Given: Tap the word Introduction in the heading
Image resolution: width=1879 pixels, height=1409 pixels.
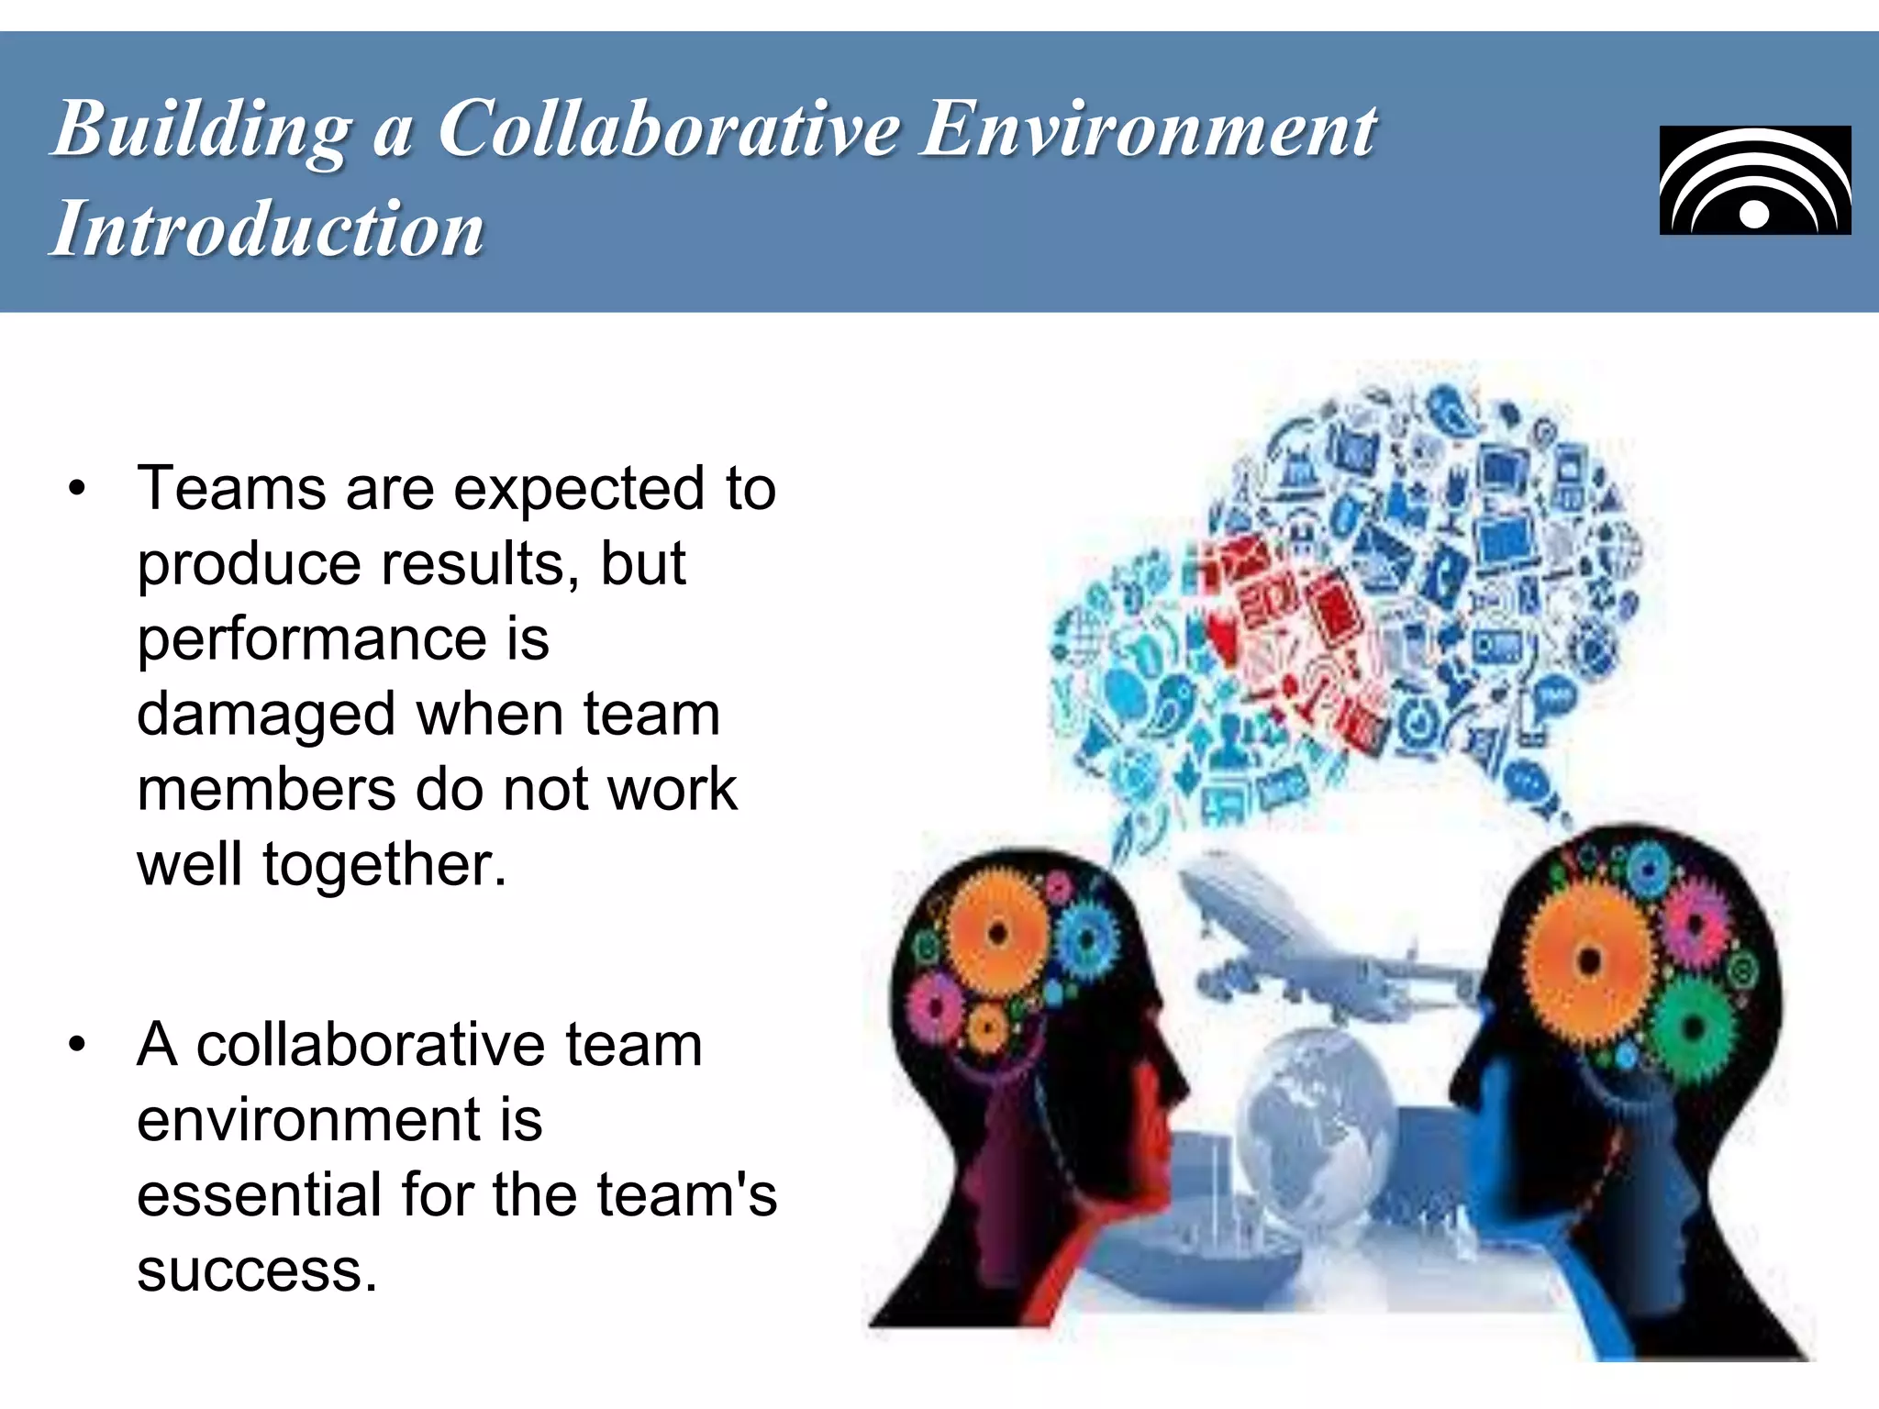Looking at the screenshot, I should click(267, 229).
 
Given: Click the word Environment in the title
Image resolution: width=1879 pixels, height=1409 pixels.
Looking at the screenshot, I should click(1148, 130).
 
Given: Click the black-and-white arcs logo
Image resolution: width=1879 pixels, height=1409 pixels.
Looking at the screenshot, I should click(1754, 181).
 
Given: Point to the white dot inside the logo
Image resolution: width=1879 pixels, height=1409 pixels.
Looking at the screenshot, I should click(1754, 214).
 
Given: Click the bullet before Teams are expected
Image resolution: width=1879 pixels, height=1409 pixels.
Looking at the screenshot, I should click(77, 488).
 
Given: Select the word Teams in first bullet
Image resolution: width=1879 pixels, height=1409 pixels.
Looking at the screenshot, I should click(231, 488).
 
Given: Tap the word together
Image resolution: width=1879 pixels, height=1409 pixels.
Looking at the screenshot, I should click(384, 864).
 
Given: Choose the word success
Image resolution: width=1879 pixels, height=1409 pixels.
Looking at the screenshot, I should click(257, 1271).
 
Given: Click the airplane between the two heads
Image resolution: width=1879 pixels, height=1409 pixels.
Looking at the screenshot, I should click(1303, 945).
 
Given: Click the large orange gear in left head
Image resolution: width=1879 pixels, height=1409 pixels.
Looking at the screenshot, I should click(997, 934).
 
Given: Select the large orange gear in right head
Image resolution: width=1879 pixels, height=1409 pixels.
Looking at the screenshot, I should click(1589, 961).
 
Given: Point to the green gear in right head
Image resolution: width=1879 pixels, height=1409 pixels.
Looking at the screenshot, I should click(1696, 1027).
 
